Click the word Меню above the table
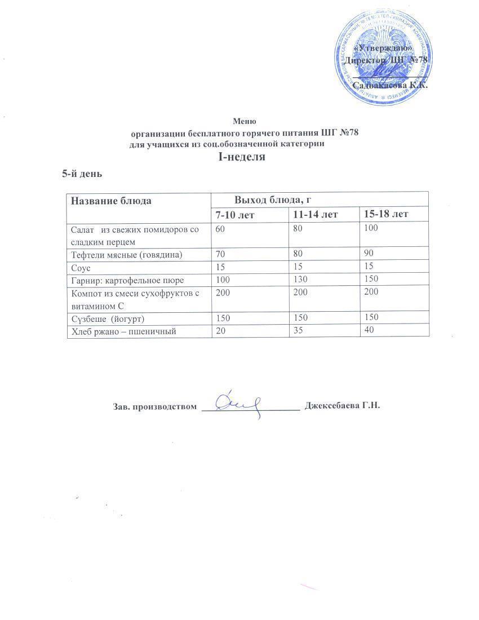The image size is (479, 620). coord(245,121)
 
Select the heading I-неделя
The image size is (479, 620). coord(242,157)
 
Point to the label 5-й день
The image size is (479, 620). coord(82,174)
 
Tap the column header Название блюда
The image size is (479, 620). coord(110,200)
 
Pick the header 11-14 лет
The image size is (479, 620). coord(315,215)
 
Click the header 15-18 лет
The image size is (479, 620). coord(386,214)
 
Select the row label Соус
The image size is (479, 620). coord(81,267)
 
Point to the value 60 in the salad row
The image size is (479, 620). coord(220,229)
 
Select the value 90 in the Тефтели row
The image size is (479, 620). coord(369,254)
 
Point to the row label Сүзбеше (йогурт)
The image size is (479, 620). coord(108,318)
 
